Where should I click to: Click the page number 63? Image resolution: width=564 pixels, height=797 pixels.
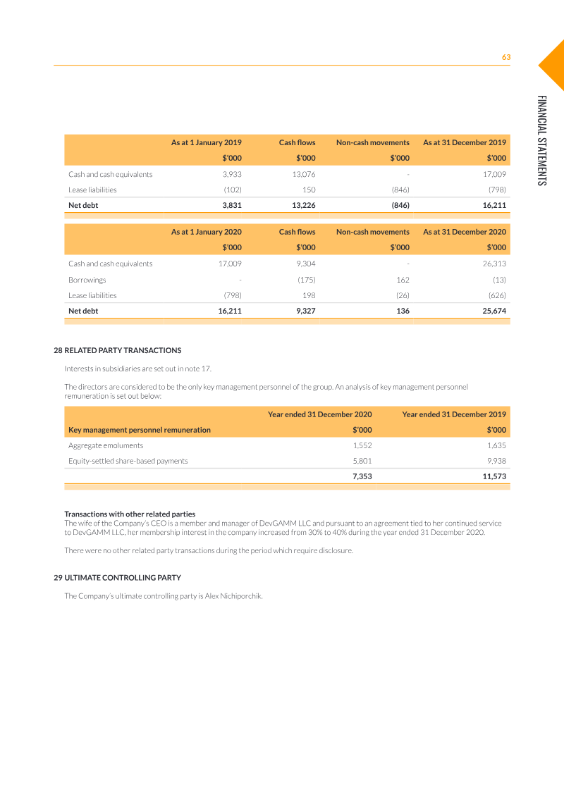pos(505,57)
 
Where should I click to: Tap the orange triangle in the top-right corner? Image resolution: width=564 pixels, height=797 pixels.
pos(553,64)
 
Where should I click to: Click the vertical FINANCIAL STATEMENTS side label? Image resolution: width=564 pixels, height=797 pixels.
pos(541,140)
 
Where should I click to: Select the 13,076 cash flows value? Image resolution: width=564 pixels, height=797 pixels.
pos(304,174)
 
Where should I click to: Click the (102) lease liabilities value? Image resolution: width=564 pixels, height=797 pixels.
pos(233,190)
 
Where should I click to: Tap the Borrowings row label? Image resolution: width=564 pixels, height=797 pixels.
pos(87,280)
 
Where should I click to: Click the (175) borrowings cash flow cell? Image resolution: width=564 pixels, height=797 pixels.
pos(306,280)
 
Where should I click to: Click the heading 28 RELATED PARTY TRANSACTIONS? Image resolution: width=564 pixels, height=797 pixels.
pos(118,350)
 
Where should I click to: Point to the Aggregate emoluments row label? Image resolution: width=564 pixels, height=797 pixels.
pos(106,445)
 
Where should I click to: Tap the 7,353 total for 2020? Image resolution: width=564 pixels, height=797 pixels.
pos(362,476)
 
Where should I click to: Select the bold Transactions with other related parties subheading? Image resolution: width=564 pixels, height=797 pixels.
pos(130,514)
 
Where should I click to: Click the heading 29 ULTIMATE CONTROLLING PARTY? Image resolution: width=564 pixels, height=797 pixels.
pos(118,578)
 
